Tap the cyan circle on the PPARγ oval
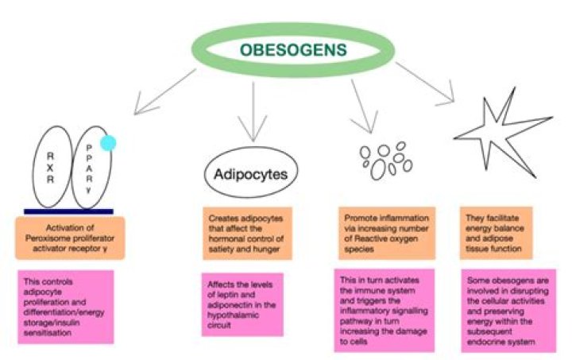click(108, 143)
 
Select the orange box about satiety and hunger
click(246, 232)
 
